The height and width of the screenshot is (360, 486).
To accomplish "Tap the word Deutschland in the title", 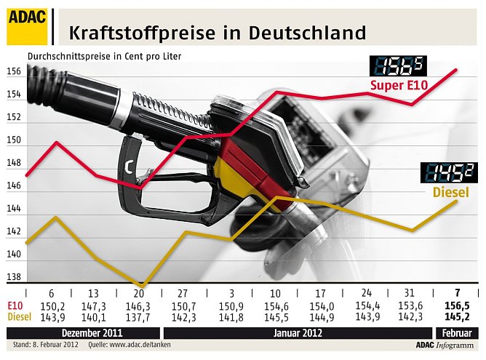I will [306, 33].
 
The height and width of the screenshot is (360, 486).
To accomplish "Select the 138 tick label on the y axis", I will [15, 277].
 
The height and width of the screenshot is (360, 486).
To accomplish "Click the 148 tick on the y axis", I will [15, 163].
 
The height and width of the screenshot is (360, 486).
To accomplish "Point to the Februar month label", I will [458, 332].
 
